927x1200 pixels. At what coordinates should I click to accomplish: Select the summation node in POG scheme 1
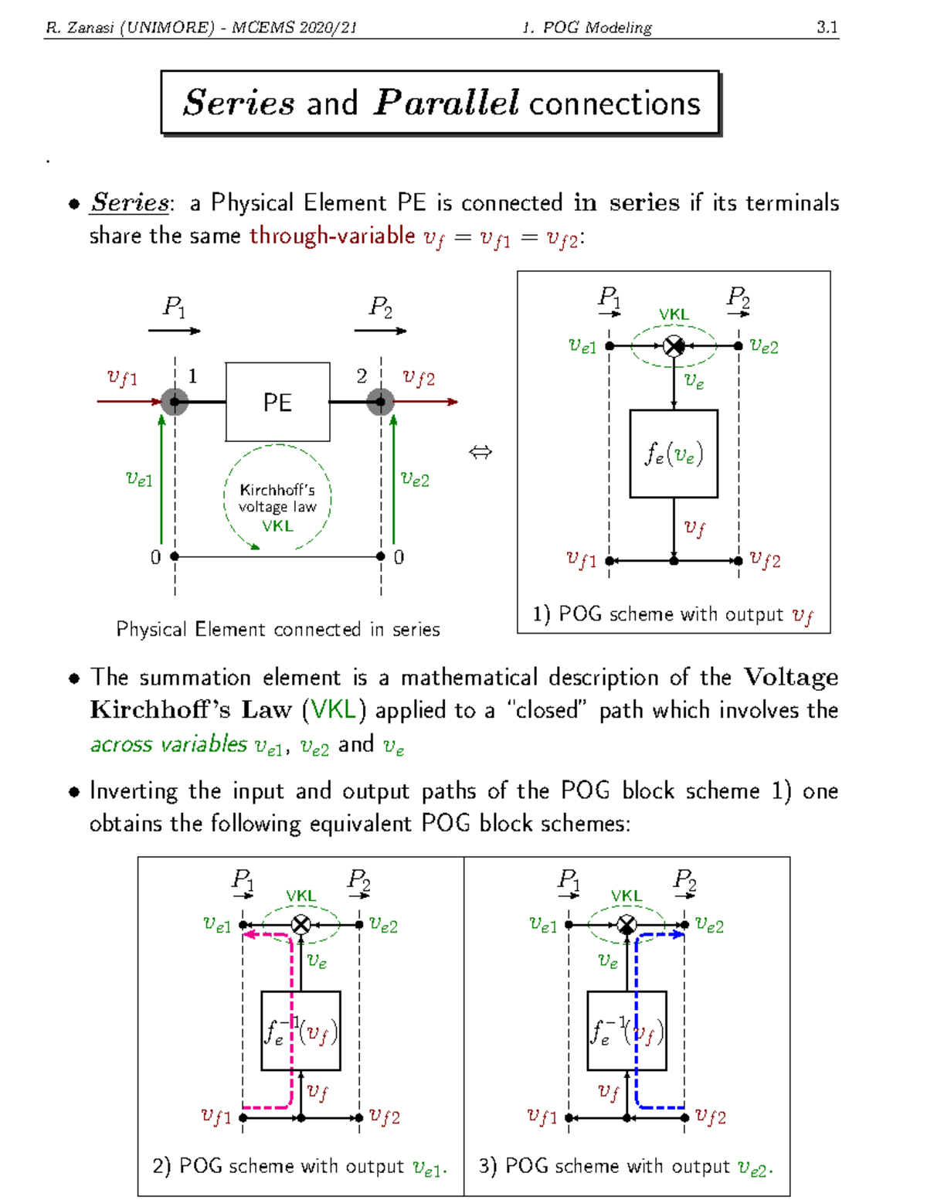tap(674, 346)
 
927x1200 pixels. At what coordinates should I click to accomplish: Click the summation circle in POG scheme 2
tap(301, 924)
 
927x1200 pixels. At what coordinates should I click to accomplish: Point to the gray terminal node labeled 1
tap(175, 402)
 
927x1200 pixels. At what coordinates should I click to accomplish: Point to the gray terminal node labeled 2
tap(380, 402)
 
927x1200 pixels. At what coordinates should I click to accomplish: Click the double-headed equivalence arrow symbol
tap(480, 453)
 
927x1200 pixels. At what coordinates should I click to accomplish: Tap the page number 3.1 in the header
tap(827, 27)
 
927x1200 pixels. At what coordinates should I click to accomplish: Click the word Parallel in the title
tap(446, 102)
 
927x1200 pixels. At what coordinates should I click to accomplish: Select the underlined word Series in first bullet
tap(130, 202)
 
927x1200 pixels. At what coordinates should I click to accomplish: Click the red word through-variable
tap(332, 236)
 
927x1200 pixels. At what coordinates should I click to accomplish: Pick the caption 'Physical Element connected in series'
tap(277, 629)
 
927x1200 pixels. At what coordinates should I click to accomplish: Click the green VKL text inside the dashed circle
tap(277, 525)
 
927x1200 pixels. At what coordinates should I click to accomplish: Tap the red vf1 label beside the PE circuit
tap(122, 379)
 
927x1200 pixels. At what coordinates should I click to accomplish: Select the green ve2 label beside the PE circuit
tap(415, 479)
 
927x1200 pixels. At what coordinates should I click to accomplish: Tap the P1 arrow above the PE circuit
tap(174, 331)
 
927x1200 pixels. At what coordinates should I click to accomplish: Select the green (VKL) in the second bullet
tap(334, 709)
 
